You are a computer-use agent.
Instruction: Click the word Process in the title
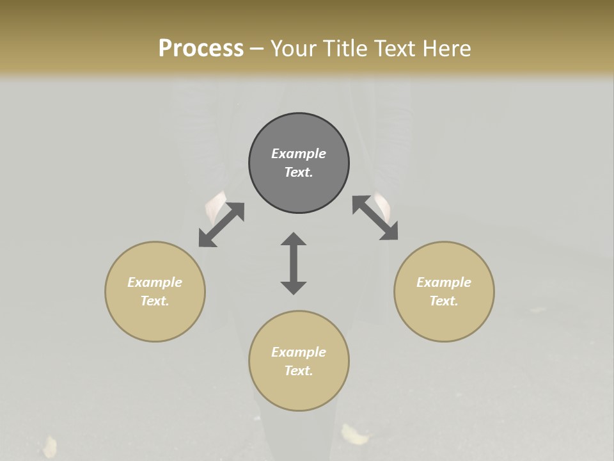point(201,49)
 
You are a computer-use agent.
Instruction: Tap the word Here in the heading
point(446,49)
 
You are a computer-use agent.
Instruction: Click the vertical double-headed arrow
point(294,263)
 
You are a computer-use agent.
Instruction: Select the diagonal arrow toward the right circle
point(375,218)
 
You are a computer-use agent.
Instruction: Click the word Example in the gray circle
point(299,154)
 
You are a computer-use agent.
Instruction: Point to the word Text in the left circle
point(155,301)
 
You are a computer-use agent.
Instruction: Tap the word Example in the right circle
point(444,282)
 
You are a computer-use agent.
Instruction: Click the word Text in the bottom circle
point(299,371)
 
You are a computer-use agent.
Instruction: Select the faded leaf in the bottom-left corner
point(49,446)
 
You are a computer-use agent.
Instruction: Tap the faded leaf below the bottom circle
point(354,435)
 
